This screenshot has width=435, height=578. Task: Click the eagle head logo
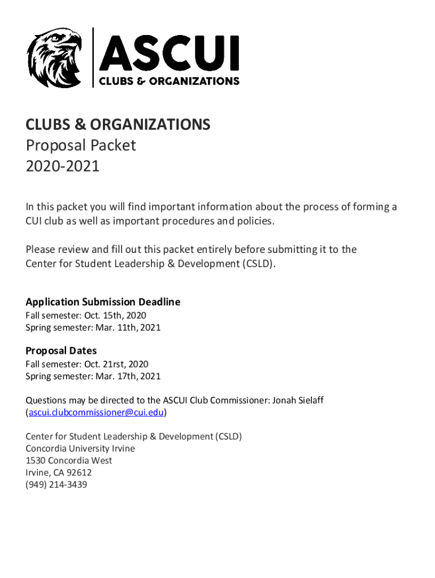pos(54,58)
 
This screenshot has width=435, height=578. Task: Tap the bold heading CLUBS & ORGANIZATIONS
pos(118,125)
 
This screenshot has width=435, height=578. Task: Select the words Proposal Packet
pos(81,146)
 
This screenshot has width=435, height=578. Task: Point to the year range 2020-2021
pos(63,167)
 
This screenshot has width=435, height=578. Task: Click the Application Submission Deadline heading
pos(103,302)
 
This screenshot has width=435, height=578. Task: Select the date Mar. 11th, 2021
pos(125,327)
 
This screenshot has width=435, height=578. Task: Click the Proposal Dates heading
pos(61,351)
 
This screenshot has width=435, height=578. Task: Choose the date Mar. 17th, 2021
pos(125,376)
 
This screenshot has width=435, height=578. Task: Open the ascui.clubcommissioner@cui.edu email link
pos(96,413)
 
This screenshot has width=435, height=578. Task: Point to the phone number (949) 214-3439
pos(56,485)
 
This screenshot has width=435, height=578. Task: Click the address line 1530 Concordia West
pos(69,461)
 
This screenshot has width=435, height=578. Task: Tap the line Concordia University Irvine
pos(80,449)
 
